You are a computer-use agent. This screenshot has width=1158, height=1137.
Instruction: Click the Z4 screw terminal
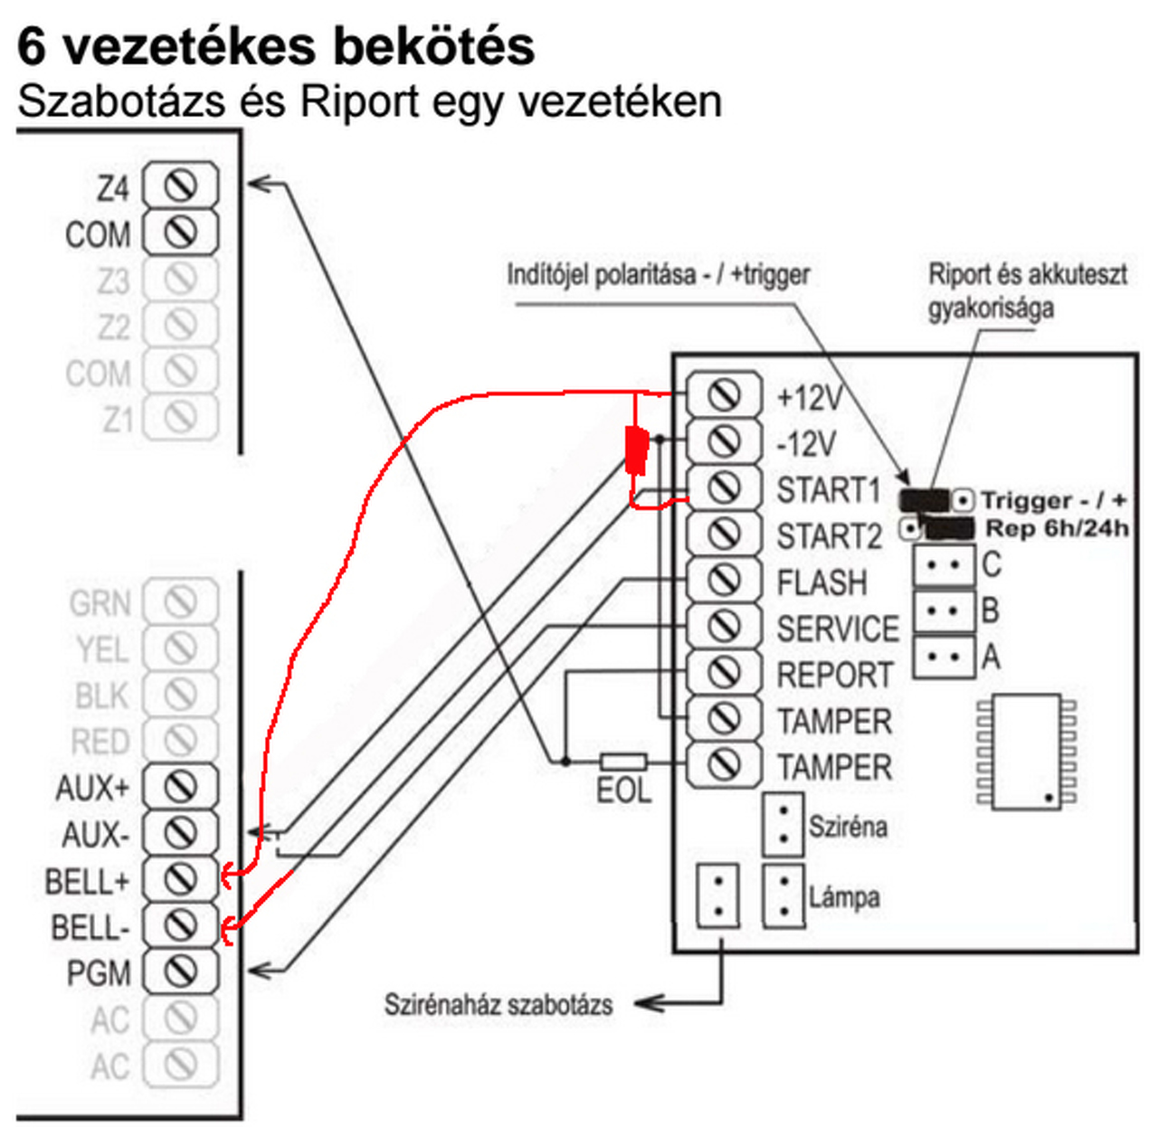(x=181, y=186)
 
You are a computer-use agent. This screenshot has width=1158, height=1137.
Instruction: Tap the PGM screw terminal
(x=181, y=971)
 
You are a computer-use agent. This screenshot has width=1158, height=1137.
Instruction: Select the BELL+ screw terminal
(x=181, y=878)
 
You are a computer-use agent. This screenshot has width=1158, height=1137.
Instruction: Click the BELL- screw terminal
(x=181, y=924)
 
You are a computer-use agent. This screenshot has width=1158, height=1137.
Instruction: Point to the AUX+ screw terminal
(x=181, y=786)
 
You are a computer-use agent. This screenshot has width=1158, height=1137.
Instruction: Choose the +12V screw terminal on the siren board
(x=723, y=395)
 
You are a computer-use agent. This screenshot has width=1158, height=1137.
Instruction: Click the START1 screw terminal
(x=723, y=488)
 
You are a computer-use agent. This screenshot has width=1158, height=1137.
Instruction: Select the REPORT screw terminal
(x=723, y=673)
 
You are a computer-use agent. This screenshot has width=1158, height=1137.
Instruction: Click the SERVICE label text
(x=838, y=629)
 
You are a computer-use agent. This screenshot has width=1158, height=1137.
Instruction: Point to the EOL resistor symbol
(x=624, y=762)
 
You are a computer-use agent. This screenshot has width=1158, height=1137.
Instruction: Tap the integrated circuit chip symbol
(x=1026, y=752)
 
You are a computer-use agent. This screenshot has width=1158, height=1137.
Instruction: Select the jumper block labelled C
(x=944, y=565)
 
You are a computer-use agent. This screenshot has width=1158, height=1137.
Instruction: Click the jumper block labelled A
(x=944, y=656)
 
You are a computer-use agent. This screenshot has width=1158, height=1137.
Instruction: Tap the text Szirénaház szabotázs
(x=498, y=1004)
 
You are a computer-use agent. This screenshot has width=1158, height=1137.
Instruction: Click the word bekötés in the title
(x=433, y=45)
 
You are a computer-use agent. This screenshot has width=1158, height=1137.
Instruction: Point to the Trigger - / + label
(x=1054, y=500)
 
